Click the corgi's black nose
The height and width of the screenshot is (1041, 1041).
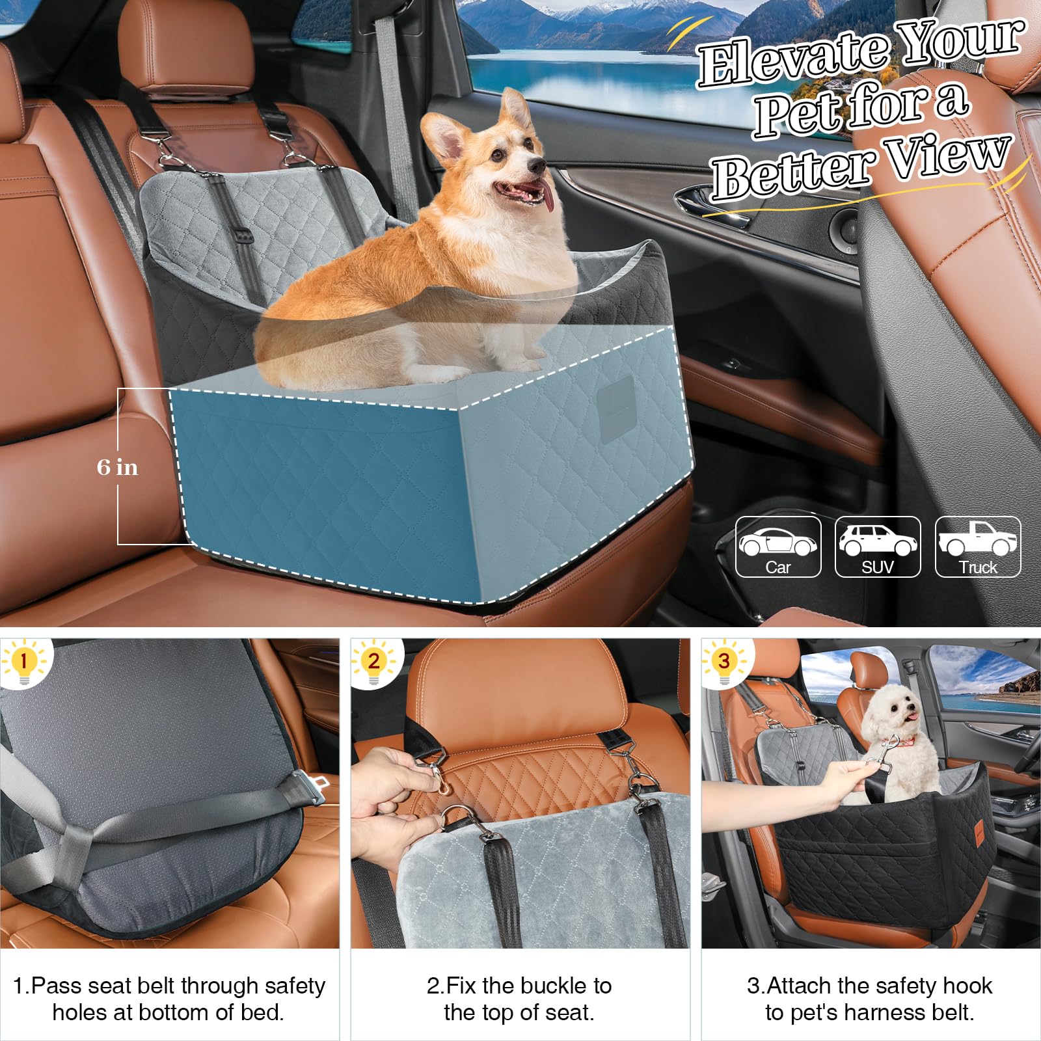click(x=536, y=166)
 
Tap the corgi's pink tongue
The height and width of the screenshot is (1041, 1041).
click(x=548, y=198)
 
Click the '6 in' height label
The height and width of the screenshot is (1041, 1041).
click(x=117, y=467)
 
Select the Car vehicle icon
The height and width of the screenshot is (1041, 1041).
click(x=778, y=547)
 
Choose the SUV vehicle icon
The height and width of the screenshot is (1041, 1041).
click(x=878, y=547)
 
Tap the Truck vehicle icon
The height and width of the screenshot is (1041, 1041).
click(x=978, y=547)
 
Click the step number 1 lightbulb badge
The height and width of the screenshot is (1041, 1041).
click(x=24, y=662)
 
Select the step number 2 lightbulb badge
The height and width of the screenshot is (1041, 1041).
click(x=373, y=662)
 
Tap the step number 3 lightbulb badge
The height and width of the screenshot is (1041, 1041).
click(x=724, y=662)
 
